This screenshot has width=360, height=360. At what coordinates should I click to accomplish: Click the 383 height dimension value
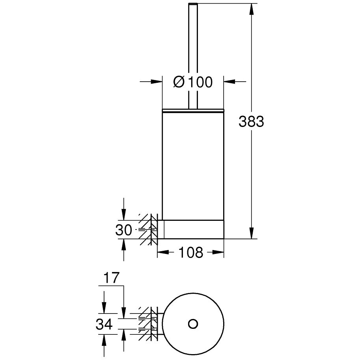251,121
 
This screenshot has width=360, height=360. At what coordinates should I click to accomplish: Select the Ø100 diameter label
193,82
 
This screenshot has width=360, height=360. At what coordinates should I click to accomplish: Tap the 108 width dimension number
191,252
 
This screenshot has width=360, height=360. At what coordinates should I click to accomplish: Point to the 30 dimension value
124,230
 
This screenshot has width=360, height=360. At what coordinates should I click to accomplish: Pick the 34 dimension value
104,324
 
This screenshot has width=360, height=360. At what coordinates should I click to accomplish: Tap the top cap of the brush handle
193,4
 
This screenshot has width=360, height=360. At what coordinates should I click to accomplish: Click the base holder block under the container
193,229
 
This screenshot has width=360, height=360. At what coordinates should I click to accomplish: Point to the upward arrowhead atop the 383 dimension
252,9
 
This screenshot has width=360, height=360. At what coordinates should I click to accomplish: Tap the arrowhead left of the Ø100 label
157,81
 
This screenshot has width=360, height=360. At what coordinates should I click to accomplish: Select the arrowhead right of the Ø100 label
229,81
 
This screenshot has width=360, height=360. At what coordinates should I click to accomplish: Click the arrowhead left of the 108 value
163,252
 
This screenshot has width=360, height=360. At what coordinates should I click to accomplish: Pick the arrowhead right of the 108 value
218,252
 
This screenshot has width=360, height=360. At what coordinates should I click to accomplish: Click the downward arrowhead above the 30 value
124,215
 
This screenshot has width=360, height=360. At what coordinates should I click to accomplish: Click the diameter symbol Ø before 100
179,82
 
